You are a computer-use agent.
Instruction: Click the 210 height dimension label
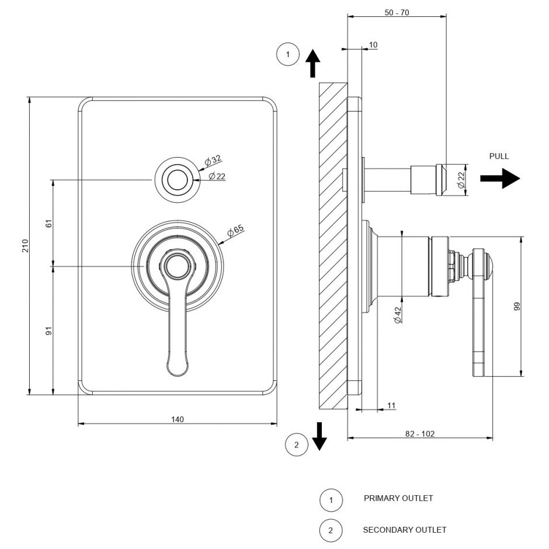coord(25,246)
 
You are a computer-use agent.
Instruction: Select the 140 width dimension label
coord(178,419)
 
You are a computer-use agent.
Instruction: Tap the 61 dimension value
coord(49,223)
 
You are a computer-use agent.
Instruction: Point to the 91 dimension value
coord(49,331)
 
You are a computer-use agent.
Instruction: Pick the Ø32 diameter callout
coord(213,161)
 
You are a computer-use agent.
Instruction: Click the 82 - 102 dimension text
coord(420,433)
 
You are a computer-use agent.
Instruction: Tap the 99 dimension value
coord(516,306)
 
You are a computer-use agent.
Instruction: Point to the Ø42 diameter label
coord(398,315)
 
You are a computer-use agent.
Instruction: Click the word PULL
coord(499,157)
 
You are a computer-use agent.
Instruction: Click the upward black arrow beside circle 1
coord(313,62)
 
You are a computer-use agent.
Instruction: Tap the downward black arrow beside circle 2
coord(319,436)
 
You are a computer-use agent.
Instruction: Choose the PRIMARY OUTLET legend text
coord(398,498)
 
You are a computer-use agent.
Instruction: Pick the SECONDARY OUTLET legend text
coord(404,530)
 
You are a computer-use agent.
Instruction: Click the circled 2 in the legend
coord(331,530)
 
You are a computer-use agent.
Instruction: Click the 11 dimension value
coord(391,405)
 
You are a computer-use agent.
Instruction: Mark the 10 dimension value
coord(374,45)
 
